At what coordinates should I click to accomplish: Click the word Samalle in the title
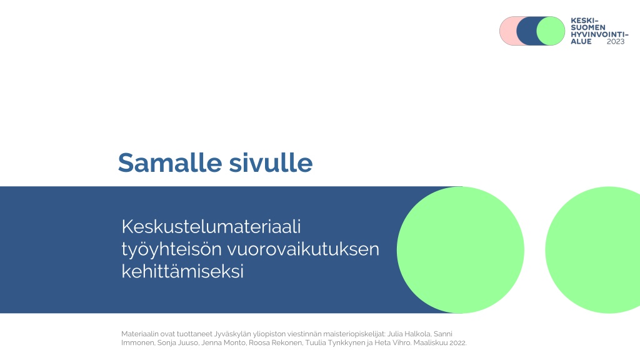tap(170, 162)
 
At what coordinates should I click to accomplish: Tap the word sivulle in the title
tap(271, 162)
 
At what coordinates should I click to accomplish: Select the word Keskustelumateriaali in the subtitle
tap(211, 226)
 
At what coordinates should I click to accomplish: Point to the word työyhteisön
tap(171, 249)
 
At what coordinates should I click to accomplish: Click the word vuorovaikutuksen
tap(303, 249)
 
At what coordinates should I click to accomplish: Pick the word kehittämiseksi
tap(182, 271)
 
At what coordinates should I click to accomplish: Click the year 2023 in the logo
tap(616, 42)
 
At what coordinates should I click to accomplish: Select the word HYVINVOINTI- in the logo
tap(599, 35)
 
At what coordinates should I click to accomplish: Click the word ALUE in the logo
tap(581, 42)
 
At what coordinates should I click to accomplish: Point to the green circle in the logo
tap(551, 31)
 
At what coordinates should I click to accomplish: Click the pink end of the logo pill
tap(507, 31)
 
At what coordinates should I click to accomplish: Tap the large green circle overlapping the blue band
tap(461, 250)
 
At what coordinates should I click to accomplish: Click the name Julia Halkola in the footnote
tap(409, 334)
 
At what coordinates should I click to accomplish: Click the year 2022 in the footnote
tap(458, 343)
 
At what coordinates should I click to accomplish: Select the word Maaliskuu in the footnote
tap(431, 343)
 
